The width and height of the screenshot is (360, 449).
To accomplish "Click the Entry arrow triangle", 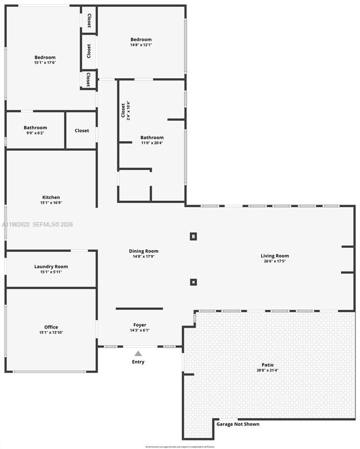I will coord(138,353).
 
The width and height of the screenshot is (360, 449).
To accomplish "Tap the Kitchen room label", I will coord(51,197).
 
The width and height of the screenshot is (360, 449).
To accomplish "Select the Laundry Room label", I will coord(51,267).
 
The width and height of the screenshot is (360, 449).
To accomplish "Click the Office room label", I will coord(51,327).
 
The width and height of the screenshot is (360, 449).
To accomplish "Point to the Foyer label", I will coord(140,325).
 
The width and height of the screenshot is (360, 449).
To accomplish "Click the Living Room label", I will coord(275,256).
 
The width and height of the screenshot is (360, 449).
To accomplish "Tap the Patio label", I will coord(268,365).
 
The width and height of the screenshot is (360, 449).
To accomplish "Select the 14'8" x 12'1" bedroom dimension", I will coord(141,45).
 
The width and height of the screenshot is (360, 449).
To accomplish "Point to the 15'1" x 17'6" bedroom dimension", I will coord(45,63).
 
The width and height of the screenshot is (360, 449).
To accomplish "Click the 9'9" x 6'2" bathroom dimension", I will coord(35,133).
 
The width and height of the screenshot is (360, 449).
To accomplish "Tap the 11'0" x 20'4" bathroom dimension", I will coord(152,143).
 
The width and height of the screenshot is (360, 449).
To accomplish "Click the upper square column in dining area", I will coord(193,236).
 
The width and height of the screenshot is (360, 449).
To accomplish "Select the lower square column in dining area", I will coord(193,282).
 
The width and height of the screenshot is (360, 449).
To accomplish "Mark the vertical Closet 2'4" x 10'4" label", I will coord(125,110).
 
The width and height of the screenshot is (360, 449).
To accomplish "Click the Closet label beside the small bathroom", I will coord(81,131).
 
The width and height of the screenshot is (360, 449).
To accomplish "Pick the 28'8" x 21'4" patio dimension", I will coord(268,370).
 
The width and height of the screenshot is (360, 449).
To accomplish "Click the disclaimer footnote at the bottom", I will coord(179,446).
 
